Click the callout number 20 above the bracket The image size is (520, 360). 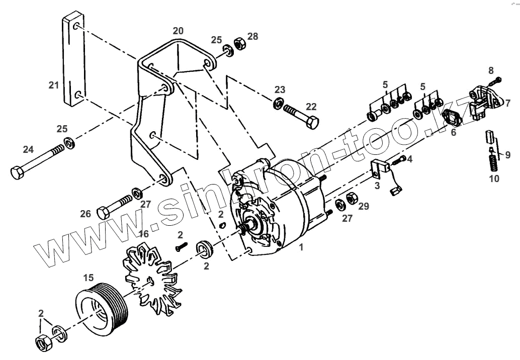[178, 31]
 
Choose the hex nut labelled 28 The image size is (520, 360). [240, 45]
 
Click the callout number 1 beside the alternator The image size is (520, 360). [301, 247]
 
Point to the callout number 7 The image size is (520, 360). [508, 104]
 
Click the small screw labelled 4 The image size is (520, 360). [401, 160]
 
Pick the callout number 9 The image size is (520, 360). [507, 155]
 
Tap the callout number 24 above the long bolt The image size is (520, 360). [28, 149]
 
